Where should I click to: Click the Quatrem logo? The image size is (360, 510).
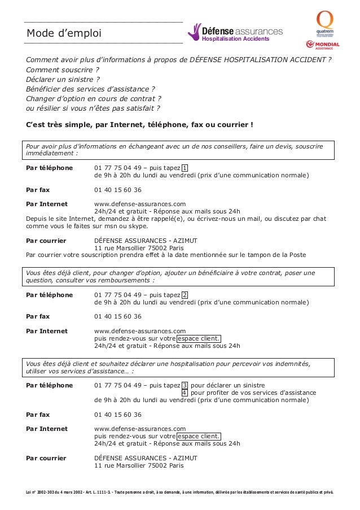pyautogui.click(x=324, y=23)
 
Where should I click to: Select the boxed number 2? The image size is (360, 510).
pyautogui.click(x=185, y=295)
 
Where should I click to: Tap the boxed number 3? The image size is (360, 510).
pyautogui.click(x=185, y=385)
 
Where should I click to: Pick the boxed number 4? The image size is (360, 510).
pyautogui.click(x=185, y=393)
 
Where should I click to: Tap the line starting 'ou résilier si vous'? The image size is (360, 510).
pyautogui.click(x=93, y=108)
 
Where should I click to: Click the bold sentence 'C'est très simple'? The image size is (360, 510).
pyautogui.click(x=139, y=124)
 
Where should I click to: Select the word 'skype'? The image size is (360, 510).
pyautogui.click(x=137, y=226)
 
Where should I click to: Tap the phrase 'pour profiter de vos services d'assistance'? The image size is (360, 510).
pyautogui.click(x=253, y=393)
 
